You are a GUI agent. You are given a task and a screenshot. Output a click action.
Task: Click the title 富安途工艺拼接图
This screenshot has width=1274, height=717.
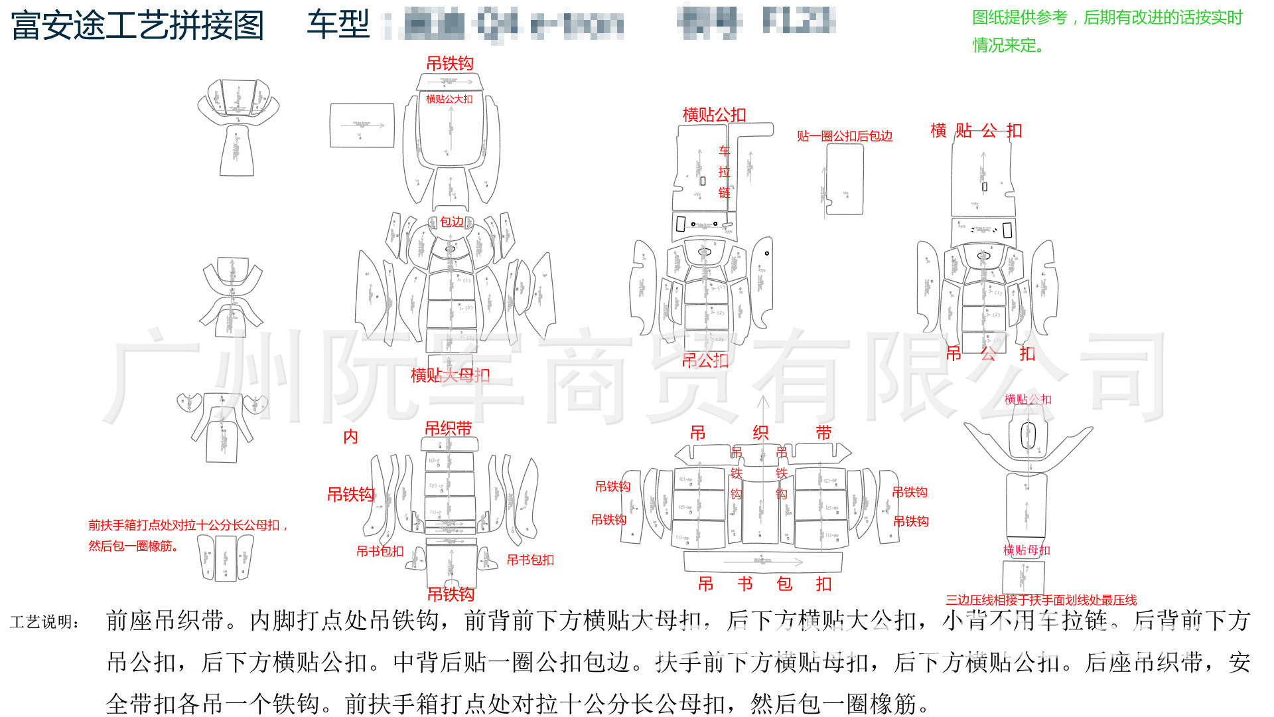coord(137,25)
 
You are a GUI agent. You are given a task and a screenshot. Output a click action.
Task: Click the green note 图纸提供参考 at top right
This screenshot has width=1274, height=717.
coord(1107,18)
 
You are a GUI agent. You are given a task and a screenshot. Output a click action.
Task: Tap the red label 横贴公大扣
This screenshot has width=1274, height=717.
coord(449,99)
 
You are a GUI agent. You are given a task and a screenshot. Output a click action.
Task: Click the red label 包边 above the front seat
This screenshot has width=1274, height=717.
coord(452,222)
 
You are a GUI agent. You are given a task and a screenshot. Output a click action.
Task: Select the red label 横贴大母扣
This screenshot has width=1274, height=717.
coord(450,375)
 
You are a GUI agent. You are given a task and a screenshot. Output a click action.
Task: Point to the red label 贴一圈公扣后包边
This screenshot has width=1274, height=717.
coord(844,136)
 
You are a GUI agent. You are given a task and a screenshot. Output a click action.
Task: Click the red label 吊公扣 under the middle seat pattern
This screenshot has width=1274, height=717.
coord(705,360)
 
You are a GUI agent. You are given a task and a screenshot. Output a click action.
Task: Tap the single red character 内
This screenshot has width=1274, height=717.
coord(350,436)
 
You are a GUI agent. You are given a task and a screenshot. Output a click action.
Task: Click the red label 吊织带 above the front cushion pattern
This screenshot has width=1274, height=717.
coord(448,428)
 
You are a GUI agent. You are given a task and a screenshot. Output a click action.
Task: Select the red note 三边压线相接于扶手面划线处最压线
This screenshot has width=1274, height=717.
coord(1040,600)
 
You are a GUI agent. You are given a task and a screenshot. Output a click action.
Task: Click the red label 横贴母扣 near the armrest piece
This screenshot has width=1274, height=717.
coord(1026,550)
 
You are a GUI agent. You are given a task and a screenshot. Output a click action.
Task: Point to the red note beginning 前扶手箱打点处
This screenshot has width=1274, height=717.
coord(188,525)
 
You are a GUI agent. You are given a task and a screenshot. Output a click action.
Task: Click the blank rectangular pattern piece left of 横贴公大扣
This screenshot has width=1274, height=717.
coord(362,125)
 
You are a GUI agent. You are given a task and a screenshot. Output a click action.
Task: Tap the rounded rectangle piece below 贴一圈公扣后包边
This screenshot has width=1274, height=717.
coord(844,179)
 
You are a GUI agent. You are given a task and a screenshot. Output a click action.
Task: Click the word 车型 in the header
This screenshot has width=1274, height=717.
coord(338,25)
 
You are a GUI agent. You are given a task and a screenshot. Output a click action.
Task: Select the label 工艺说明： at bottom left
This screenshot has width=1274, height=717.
coord(45,622)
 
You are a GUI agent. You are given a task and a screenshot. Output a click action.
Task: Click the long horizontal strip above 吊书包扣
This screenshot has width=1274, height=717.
coord(762,562)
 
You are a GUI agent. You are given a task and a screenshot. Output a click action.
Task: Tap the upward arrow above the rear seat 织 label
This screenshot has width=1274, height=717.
coord(763,405)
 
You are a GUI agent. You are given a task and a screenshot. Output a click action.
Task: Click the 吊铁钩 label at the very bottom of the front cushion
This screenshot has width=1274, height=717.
coord(451,594)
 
